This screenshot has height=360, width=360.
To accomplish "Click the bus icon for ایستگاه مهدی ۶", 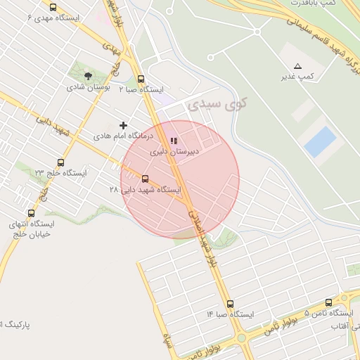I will click(x=53, y=7).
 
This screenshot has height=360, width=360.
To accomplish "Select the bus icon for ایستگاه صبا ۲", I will click(x=141, y=79).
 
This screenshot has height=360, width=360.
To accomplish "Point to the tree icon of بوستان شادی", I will click(x=88, y=75).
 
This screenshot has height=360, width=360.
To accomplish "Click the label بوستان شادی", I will click(x=85, y=87).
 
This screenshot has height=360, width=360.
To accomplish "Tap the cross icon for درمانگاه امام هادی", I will click(x=124, y=125).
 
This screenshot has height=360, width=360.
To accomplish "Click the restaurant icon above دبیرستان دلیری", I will click(x=174, y=141).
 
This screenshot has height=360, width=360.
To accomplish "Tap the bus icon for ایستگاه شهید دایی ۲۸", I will click(x=146, y=179).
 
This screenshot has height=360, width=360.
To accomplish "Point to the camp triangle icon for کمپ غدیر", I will click(x=297, y=65).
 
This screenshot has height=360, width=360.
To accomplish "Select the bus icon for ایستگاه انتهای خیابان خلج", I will click(x=31, y=213).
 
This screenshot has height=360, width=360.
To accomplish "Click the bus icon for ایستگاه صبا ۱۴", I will click(x=230, y=304).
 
